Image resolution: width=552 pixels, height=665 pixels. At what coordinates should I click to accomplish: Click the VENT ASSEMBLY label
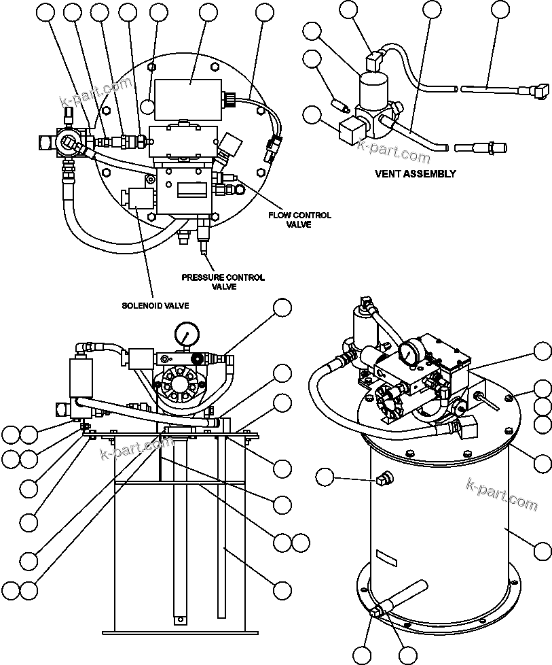(415, 173)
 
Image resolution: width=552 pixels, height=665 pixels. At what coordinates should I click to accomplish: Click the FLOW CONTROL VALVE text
(299, 220)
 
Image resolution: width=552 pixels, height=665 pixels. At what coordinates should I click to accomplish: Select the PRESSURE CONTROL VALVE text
(223, 282)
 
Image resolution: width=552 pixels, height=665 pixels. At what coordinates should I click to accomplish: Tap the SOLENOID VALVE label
(155, 306)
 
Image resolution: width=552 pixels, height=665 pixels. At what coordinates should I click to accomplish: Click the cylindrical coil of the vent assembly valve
(372, 90)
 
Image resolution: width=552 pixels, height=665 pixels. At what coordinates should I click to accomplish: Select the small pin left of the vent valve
(339, 105)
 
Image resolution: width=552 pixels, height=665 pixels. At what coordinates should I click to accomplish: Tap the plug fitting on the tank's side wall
(382, 480)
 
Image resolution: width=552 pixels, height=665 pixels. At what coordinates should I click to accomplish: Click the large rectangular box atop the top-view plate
(189, 93)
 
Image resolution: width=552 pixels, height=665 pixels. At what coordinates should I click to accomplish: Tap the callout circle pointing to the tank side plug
(326, 477)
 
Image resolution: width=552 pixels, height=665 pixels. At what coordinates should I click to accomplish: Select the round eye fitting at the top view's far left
(68, 143)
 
